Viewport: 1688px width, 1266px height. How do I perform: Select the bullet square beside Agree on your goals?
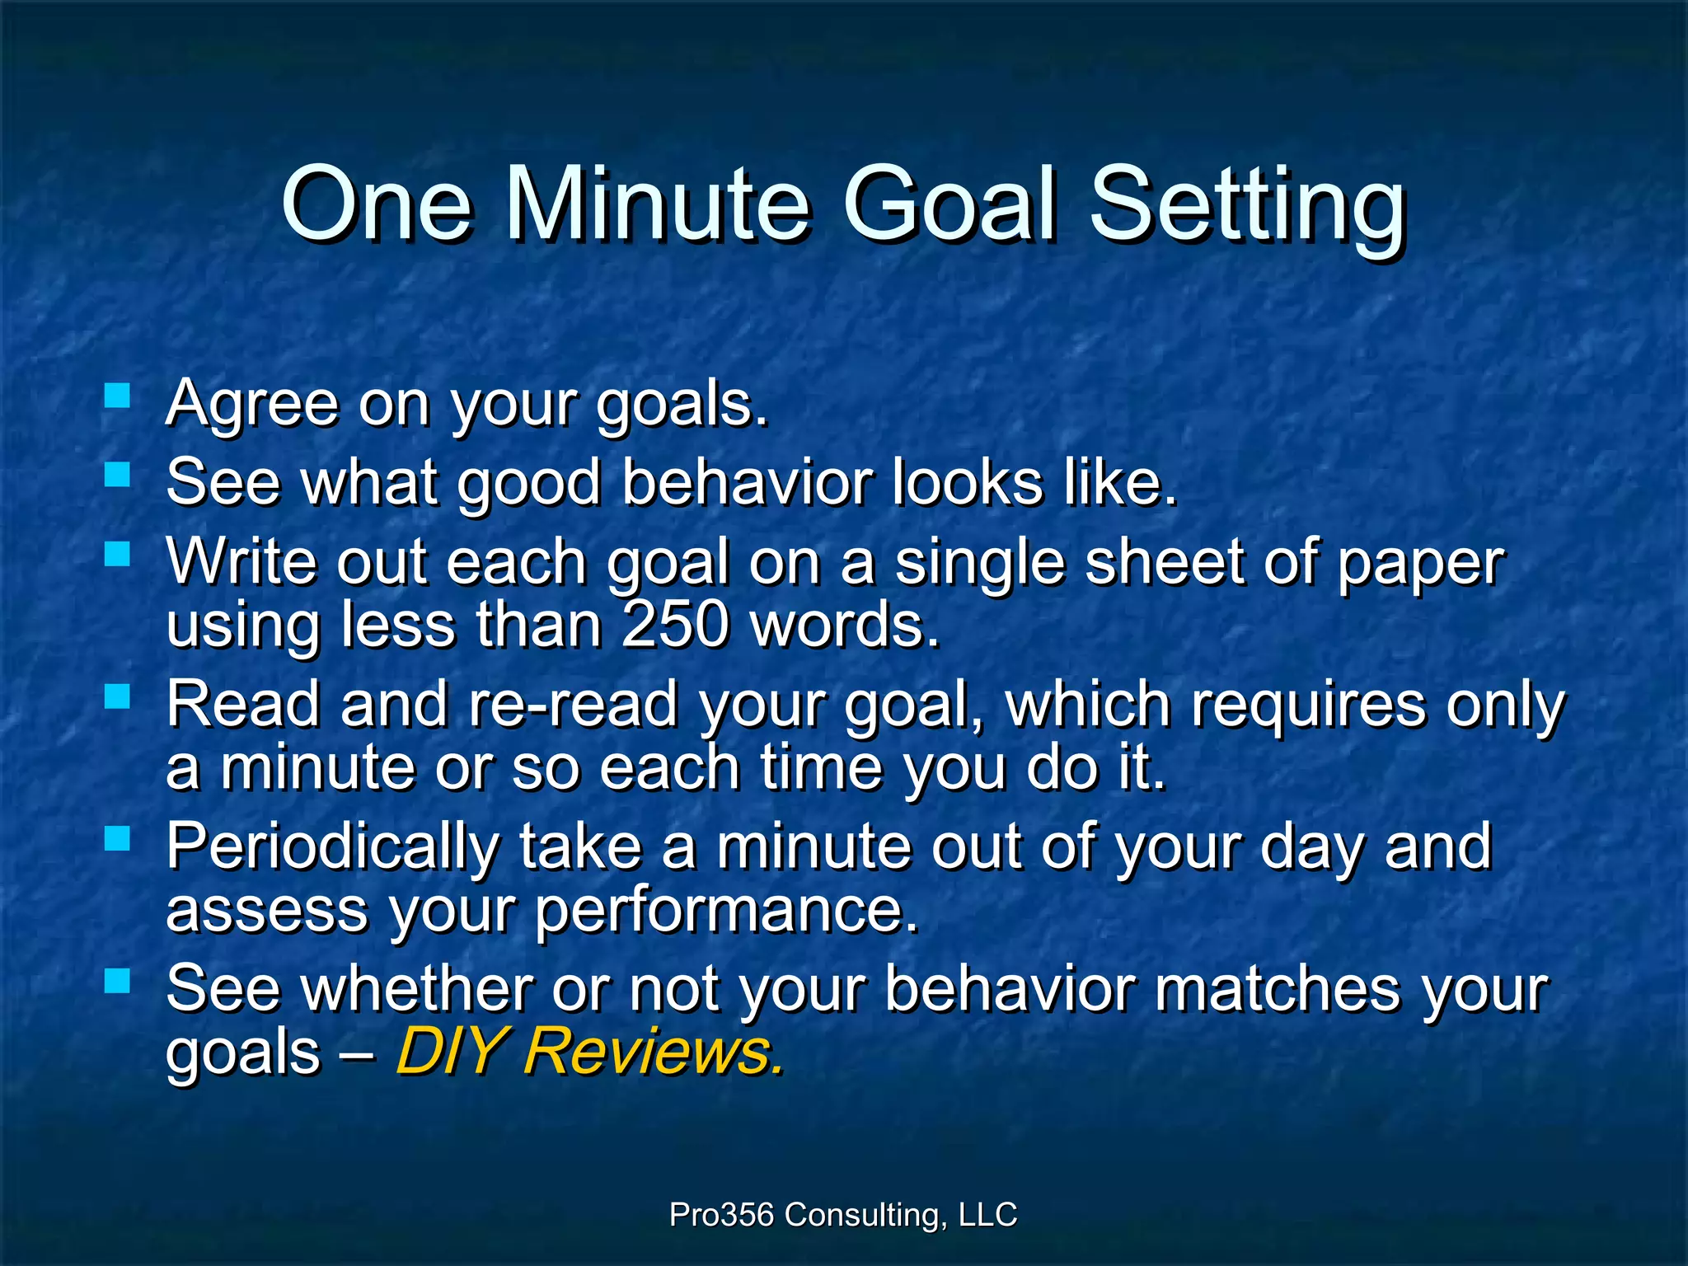coord(118,396)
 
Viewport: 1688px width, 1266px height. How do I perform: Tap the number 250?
coord(676,625)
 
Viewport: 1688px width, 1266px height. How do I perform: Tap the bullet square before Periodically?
coord(118,838)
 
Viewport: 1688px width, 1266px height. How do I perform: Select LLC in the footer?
coord(988,1215)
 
